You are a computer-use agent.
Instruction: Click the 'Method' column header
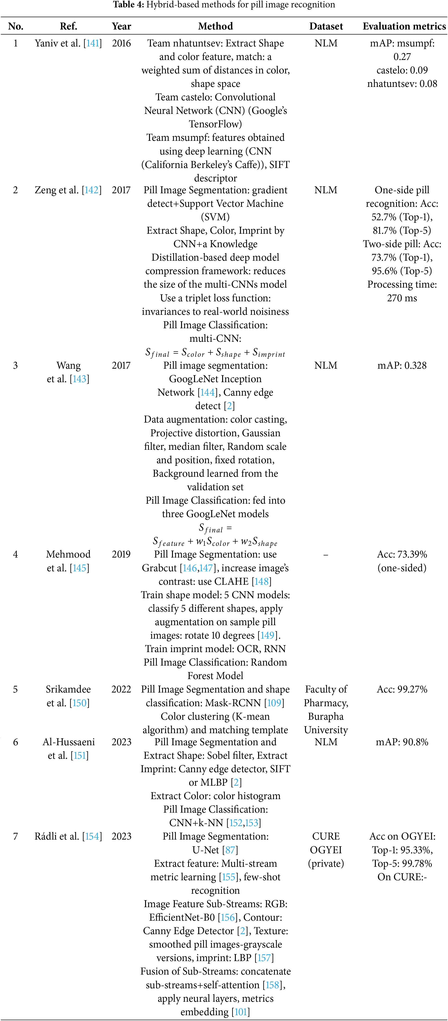[215, 26]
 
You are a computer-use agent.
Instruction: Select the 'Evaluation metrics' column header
[404, 26]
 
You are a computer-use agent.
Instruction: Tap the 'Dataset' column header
[326, 26]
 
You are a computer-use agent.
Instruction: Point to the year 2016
[121, 43]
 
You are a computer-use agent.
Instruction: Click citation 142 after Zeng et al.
[91, 190]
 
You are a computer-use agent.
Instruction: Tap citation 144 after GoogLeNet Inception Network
[208, 392]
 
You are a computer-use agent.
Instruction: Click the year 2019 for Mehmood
[121, 554]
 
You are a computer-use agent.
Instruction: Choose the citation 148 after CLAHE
[261, 581]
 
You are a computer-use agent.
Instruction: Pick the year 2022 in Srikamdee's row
[121, 689]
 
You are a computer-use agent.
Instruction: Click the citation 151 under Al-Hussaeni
[80, 755]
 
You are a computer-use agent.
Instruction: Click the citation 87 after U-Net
[230, 850]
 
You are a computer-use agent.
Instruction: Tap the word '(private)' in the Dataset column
[326, 863]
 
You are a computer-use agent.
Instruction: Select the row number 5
[16, 689]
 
